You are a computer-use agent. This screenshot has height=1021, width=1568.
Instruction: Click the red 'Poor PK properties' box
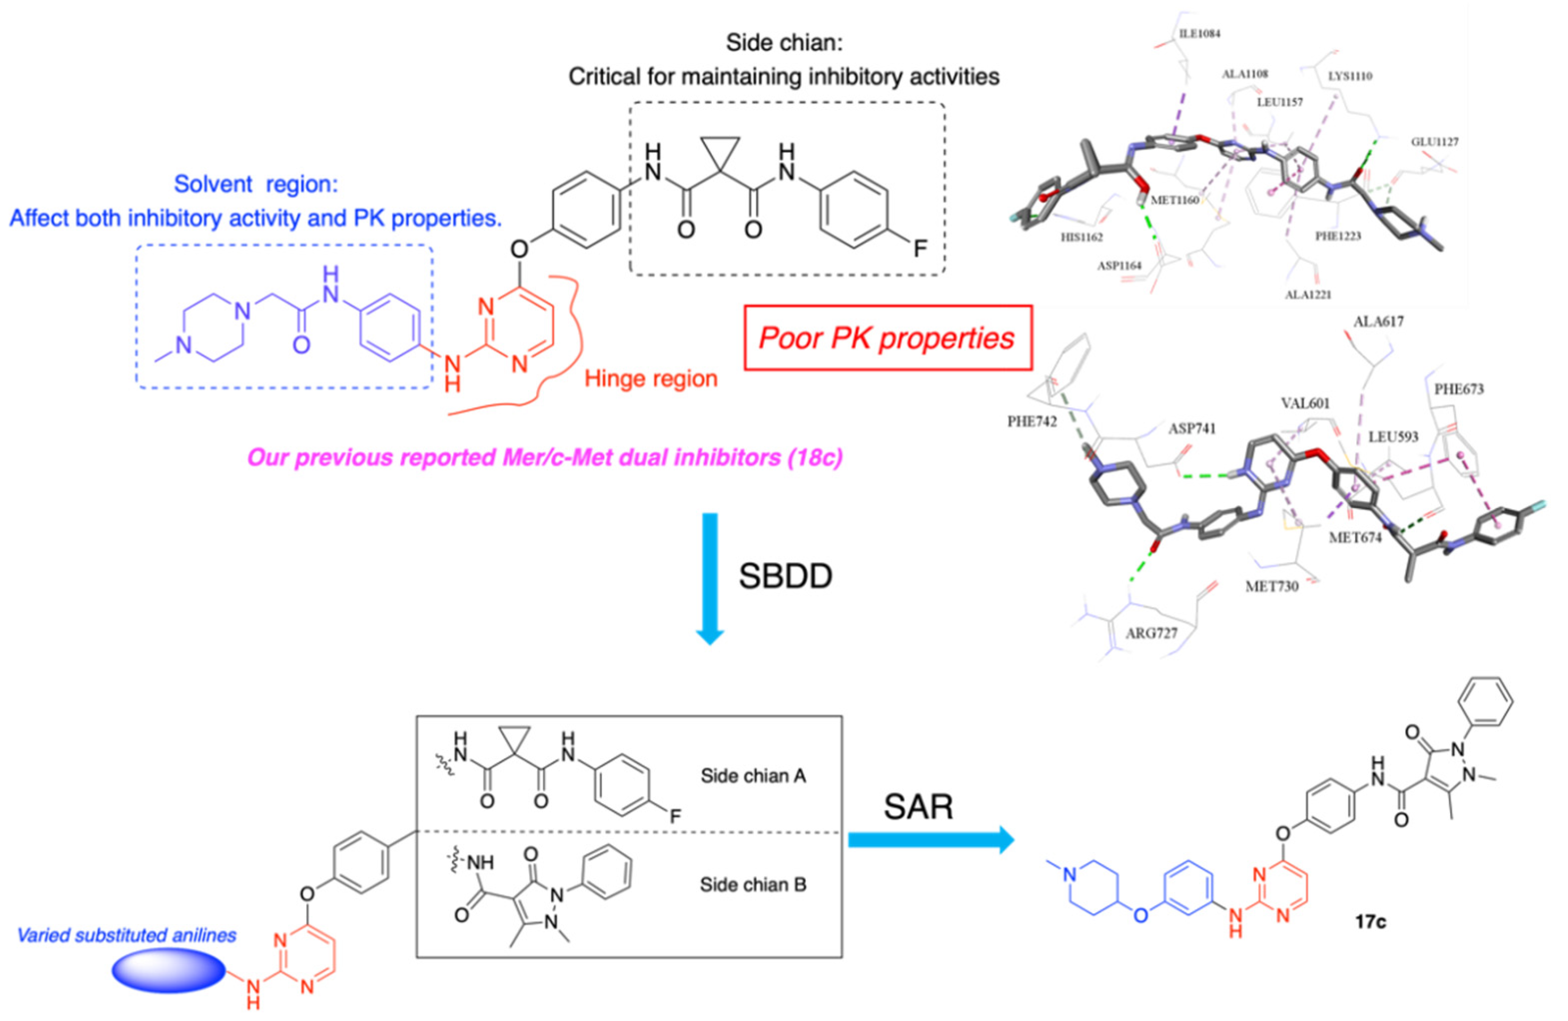[x=888, y=338]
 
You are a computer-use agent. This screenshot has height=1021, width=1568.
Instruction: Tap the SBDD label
[x=785, y=576]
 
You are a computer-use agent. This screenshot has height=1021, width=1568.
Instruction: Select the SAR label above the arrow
[x=918, y=806]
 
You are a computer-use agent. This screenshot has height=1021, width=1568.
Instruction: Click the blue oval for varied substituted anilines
[x=168, y=972]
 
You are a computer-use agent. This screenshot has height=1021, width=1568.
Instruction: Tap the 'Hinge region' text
[x=651, y=379]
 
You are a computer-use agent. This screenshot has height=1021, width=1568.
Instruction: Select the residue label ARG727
[x=1151, y=633]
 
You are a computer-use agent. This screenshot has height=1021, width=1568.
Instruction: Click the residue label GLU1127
[x=1434, y=142]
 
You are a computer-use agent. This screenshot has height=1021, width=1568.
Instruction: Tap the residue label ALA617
[x=1379, y=322]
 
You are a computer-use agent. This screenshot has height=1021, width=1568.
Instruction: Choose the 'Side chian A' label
[x=753, y=776]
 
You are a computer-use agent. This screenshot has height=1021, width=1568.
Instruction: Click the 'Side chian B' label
[x=753, y=885]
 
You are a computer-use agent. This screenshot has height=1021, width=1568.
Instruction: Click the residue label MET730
[x=1271, y=585]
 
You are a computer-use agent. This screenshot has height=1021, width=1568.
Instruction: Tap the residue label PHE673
[x=1459, y=389]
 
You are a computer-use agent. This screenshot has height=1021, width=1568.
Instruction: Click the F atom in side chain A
[x=675, y=817]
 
